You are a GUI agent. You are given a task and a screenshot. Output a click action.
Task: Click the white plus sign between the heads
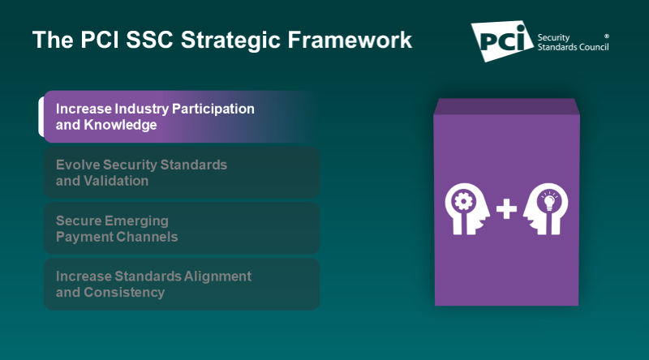click(506, 210)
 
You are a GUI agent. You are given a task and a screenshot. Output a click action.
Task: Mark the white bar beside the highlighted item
click(41, 117)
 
